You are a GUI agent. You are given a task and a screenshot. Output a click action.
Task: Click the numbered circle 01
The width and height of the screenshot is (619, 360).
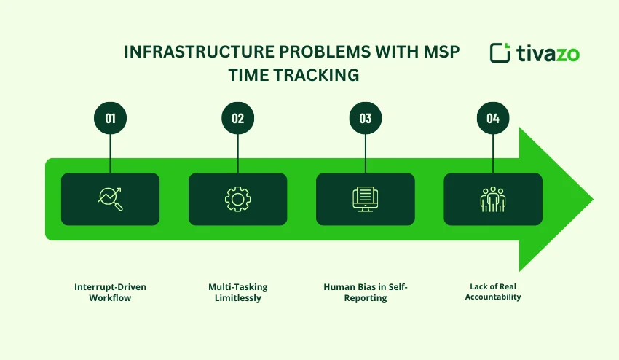(110, 119)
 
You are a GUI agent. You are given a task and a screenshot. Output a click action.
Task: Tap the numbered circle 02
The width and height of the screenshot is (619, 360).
(237, 119)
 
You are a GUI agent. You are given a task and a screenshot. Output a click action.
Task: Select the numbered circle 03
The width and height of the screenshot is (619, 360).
(366, 119)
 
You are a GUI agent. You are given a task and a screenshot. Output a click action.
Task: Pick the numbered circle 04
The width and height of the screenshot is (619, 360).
(493, 119)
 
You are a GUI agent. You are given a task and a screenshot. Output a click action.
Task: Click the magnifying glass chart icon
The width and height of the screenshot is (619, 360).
(110, 199)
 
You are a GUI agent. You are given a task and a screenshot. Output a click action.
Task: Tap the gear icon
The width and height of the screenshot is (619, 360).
(237, 199)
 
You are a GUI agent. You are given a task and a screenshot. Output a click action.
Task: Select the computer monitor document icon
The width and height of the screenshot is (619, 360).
(366, 199)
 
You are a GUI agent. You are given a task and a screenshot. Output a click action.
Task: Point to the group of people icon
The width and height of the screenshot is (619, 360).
(493, 199)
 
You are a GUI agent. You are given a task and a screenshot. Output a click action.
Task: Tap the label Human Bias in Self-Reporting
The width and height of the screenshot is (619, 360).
(366, 292)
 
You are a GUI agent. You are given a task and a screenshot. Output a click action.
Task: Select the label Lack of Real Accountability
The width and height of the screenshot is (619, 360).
(493, 291)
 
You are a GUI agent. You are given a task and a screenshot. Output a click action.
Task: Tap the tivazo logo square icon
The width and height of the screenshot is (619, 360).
(500, 53)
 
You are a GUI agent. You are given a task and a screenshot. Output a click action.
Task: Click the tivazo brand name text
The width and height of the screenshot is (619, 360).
(548, 53)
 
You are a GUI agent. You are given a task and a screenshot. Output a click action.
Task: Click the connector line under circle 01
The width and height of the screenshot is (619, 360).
(110, 154)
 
